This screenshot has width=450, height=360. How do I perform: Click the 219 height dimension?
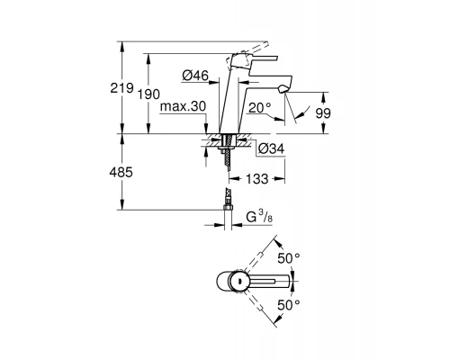click(x=121, y=88)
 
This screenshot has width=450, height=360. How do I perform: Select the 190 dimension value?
click(x=148, y=94)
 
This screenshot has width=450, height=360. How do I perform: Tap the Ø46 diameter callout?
click(x=195, y=76)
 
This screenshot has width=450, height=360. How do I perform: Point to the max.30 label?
click(x=183, y=106)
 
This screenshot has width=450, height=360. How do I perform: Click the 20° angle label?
click(x=260, y=107)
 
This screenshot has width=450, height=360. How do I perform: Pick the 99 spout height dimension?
click(x=323, y=113)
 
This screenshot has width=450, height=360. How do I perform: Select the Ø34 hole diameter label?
click(x=271, y=148)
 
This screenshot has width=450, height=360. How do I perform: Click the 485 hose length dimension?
click(x=121, y=172)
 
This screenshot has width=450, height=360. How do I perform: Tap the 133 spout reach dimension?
click(x=257, y=179)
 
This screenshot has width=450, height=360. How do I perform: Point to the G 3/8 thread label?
click(x=259, y=217)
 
